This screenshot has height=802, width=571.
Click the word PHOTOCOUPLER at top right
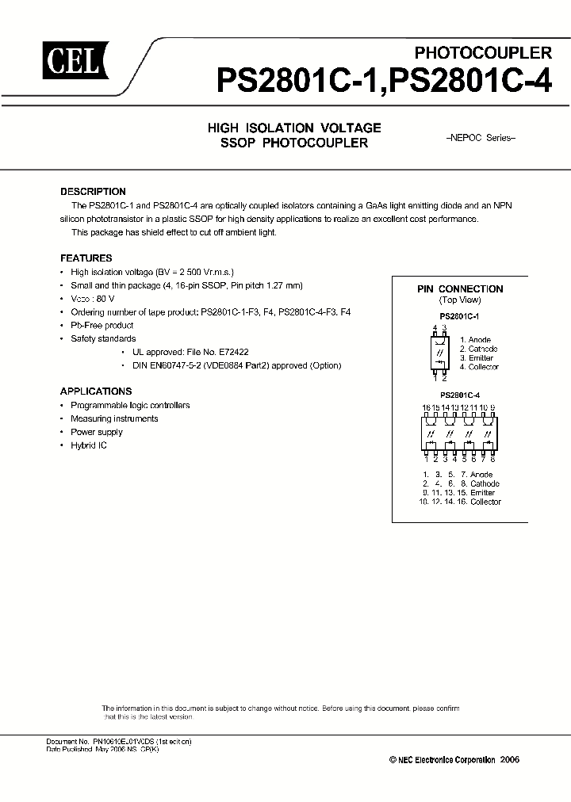pyautogui.click(x=484, y=53)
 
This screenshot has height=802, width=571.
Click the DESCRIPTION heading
pyautogui.click(x=93, y=192)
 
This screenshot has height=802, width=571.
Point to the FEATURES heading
pyautogui.click(x=86, y=258)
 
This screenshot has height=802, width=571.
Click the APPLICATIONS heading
pyautogui.click(x=96, y=391)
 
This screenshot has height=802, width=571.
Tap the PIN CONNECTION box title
pyautogui.click(x=460, y=289)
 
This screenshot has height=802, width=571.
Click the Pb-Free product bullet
pyautogui.click(x=102, y=325)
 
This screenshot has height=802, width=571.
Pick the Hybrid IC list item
pyautogui.click(x=89, y=445)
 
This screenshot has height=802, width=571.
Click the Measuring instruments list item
pyautogui.click(x=114, y=418)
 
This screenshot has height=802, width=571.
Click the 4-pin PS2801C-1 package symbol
pyautogui.click(x=439, y=352)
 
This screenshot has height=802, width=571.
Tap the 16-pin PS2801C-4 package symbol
pyautogui.click(x=460, y=433)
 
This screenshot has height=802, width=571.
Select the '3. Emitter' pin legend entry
pyautogui.click(x=476, y=358)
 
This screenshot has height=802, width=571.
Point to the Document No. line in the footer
pyautogui.click(x=119, y=741)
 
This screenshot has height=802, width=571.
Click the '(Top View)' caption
pyautogui.click(x=460, y=300)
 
